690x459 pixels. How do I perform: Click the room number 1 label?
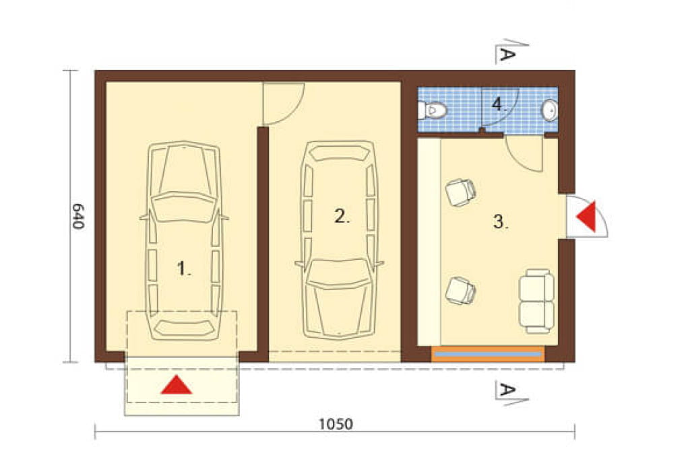tap(184, 268)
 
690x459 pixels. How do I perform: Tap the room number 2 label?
tap(342, 216)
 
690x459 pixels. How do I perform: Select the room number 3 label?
tap(501, 222)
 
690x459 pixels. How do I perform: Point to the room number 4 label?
tap(499, 104)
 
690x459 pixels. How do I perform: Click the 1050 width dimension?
tap(336, 424)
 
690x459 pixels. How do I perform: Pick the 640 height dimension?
tap(77, 216)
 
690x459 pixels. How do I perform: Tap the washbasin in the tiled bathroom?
tap(550, 110)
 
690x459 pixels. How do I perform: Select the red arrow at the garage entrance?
tap(177, 385)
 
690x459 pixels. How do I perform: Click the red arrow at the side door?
tap(588, 216)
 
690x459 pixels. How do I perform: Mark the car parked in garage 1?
tap(184, 241)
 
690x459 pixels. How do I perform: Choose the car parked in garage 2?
tap(339, 240)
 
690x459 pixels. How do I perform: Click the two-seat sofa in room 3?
tap(536, 301)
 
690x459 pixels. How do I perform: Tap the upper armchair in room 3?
tap(461, 192)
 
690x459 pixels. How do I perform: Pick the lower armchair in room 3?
tap(460, 291)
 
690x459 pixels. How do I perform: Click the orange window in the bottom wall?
tap(488, 354)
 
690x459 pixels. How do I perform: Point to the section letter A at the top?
tap(507, 54)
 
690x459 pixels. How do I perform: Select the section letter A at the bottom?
tap(507, 389)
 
